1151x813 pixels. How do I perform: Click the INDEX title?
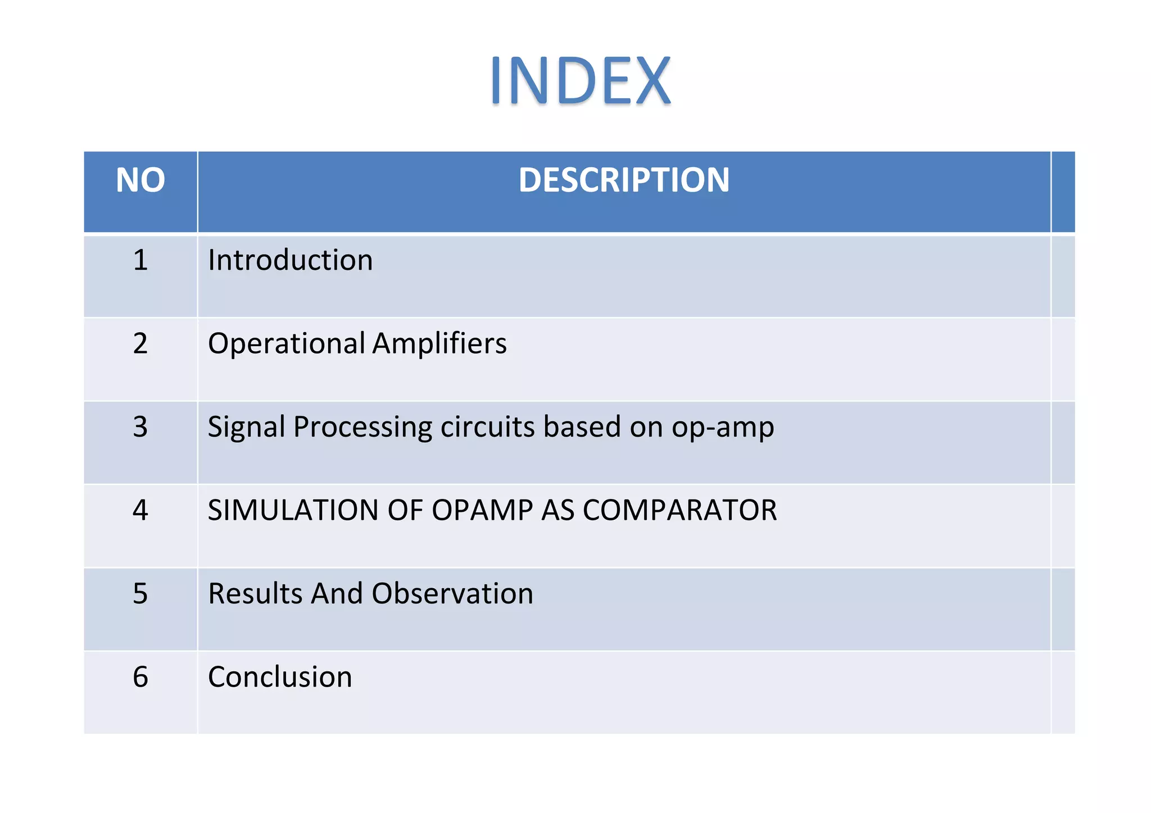pyautogui.click(x=581, y=81)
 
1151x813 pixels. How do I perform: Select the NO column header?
pyautogui.click(x=141, y=181)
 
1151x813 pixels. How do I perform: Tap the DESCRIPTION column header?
pyautogui.click(x=624, y=181)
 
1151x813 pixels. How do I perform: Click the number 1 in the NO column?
pyautogui.click(x=141, y=261)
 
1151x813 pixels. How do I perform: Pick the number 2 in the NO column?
pyautogui.click(x=141, y=344)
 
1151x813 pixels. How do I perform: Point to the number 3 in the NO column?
pyautogui.click(x=141, y=427)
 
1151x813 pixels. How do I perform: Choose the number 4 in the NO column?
pyautogui.click(x=141, y=510)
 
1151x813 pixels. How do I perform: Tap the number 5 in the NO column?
pyautogui.click(x=141, y=594)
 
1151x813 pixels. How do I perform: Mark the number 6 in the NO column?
pyautogui.click(x=141, y=677)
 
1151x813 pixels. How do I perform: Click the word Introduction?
pyautogui.click(x=290, y=261)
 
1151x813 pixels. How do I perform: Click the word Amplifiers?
pyautogui.click(x=439, y=344)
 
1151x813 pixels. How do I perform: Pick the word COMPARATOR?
pyautogui.click(x=679, y=511)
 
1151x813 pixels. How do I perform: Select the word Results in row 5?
pyautogui.click(x=255, y=594)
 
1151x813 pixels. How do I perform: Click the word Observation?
pyautogui.click(x=452, y=594)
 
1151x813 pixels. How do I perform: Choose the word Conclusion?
pyautogui.click(x=280, y=677)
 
